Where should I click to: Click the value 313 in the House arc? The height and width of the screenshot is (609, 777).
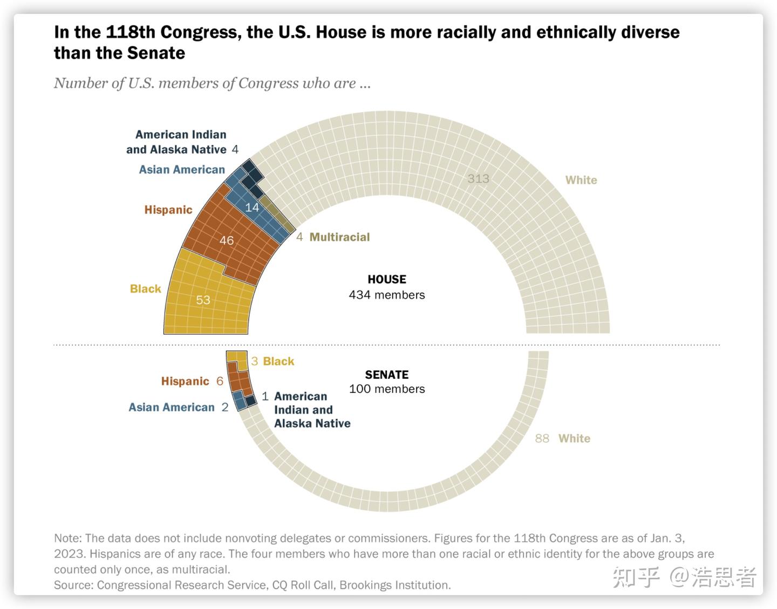(x=478, y=179)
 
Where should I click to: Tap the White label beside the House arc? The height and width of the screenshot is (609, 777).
(x=581, y=180)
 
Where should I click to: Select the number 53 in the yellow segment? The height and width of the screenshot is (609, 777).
(x=203, y=300)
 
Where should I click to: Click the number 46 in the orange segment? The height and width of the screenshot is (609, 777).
(x=227, y=240)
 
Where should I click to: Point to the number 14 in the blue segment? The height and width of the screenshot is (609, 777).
(x=252, y=207)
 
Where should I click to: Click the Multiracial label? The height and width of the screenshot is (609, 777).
(x=339, y=237)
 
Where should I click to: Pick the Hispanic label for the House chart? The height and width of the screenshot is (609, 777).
(x=168, y=210)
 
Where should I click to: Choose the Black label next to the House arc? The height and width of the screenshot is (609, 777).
(x=146, y=289)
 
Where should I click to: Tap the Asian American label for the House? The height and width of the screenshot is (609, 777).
(x=182, y=170)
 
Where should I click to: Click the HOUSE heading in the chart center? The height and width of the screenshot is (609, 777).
(x=387, y=279)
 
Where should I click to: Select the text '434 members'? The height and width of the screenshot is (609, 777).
(x=387, y=295)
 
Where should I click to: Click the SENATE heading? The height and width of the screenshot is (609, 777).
(x=387, y=375)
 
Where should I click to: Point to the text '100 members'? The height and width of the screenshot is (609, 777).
(x=387, y=389)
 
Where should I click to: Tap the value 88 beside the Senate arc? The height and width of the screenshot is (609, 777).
(x=542, y=439)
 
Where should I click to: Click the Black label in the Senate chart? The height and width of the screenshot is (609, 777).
(x=278, y=362)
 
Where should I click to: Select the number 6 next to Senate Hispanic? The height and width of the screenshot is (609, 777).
(x=220, y=382)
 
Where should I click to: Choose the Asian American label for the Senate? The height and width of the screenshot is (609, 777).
(x=172, y=407)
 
